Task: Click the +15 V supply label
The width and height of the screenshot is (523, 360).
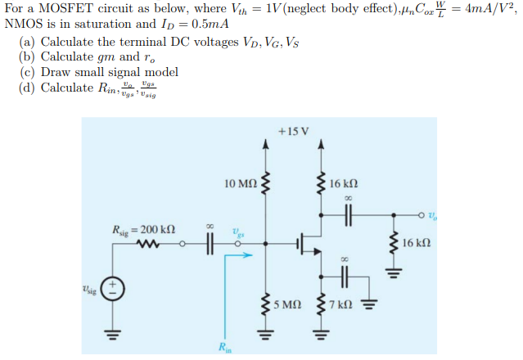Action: click(292, 130)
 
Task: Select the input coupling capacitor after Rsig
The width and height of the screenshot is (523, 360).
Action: click(209, 243)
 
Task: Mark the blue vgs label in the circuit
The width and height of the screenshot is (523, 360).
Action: click(237, 232)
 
